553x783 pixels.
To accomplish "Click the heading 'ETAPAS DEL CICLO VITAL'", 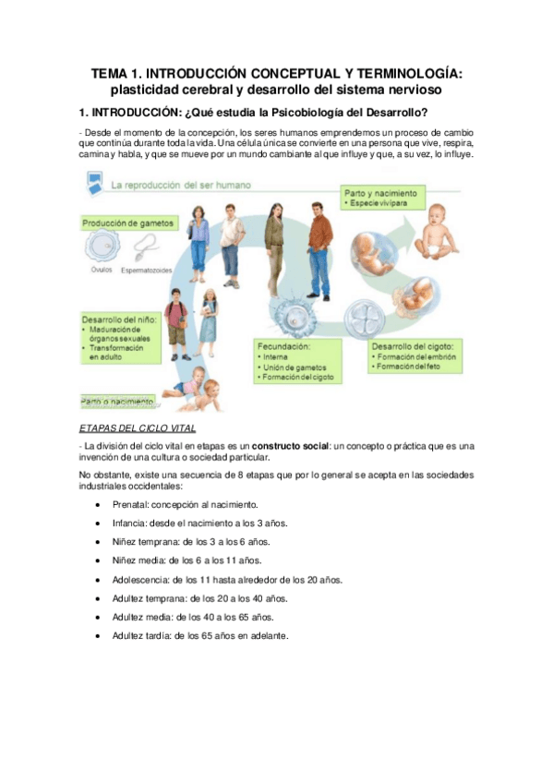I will [x=137, y=427].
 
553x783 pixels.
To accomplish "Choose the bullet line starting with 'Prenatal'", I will [x=185, y=505].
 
